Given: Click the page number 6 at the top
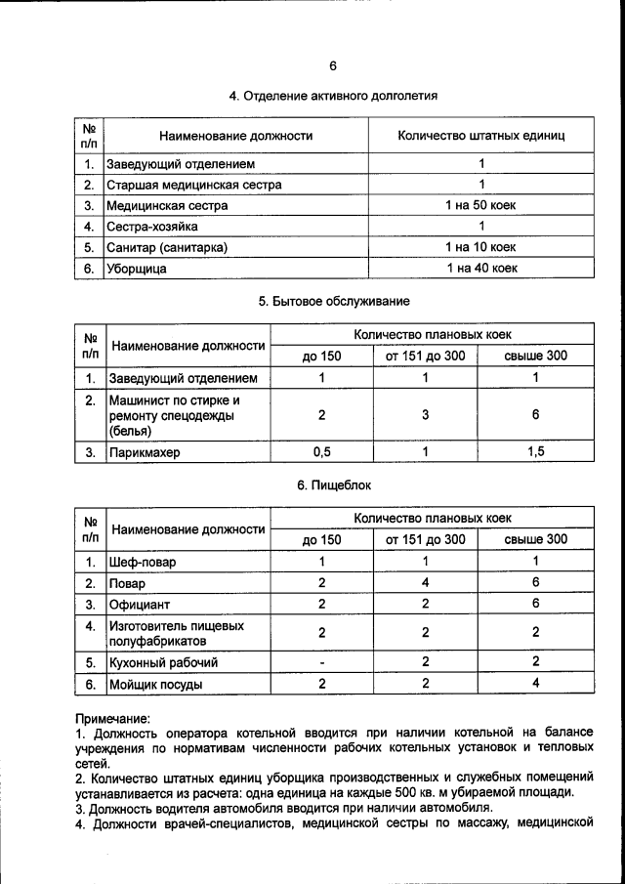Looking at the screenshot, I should (332, 65).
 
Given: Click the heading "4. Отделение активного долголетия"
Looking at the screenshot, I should (332, 96).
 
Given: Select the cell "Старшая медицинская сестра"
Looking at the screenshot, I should (194, 185).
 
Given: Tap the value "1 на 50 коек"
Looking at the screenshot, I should (480, 205).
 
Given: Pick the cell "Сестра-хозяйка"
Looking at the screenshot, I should (153, 227).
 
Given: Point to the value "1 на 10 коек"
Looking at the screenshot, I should (480, 247).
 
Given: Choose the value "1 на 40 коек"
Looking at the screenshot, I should (480, 268).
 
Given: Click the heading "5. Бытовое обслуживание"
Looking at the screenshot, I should (333, 301).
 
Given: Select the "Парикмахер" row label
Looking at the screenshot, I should (145, 453).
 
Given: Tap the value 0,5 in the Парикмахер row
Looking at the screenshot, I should (321, 452).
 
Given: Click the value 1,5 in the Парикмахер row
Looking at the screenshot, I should (535, 452).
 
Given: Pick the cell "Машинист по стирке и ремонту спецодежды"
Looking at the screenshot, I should (174, 415).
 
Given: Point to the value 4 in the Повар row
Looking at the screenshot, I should (425, 582).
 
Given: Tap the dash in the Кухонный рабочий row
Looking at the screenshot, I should (321, 662).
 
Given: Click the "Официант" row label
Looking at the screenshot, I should (140, 604).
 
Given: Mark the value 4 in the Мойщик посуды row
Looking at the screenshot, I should (535, 684).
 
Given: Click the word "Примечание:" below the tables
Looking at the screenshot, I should (112, 718).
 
